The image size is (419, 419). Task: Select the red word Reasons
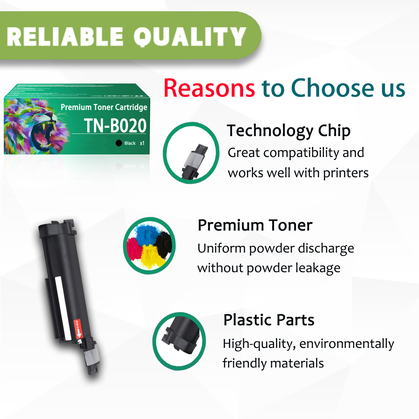[209, 88]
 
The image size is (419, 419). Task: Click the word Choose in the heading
[333, 88]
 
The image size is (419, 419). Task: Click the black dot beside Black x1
[119, 143]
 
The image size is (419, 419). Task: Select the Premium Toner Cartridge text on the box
[104, 107]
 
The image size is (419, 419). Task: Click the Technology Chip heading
[288, 131]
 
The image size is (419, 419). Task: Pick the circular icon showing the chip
[191, 153]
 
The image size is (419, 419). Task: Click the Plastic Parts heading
[269, 320]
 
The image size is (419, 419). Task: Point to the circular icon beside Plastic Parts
[179, 341]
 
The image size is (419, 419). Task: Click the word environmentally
[347, 344]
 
